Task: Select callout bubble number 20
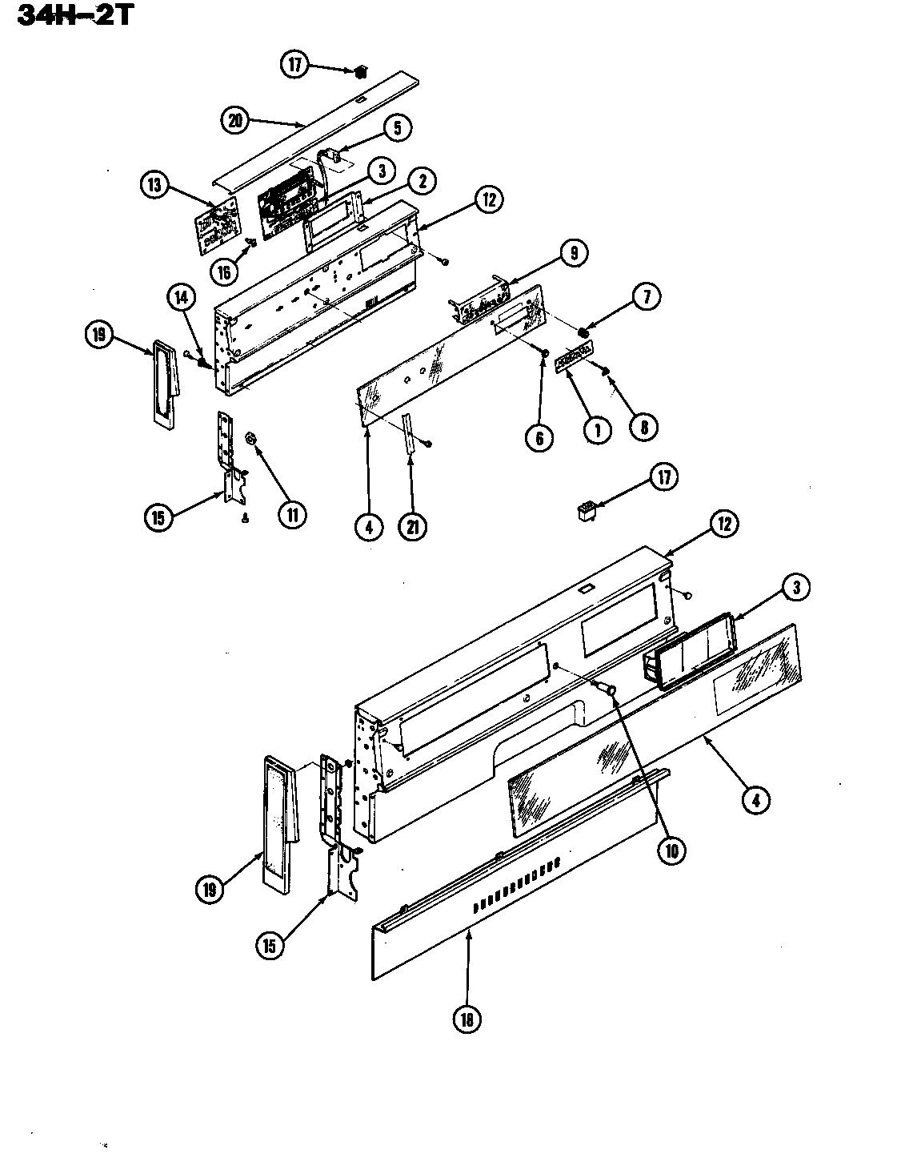[x=234, y=121]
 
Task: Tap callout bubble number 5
[x=398, y=127]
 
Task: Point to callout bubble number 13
[x=154, y=186]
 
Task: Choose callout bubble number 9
[x=573, y=254]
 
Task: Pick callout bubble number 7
[x=646, y=297]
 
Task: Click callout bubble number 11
[x=292, y=514]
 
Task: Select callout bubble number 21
[x=414, y=526]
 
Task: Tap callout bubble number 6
[x=539, y=437]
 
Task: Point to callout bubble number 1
[x=596, y=430]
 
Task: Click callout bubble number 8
[x=643, y=426]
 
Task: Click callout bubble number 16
[x=223, y=271]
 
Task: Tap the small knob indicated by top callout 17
[x=360, y=72]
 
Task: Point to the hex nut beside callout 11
[x=250, y=438]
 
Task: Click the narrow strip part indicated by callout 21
[x=409, y=435]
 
